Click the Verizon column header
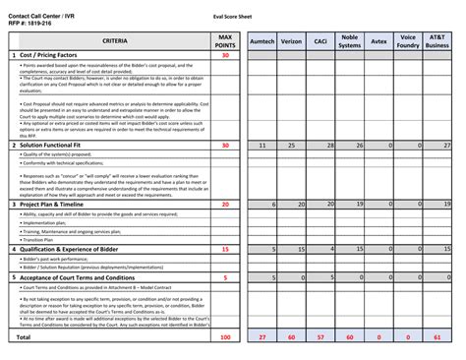point(291,42)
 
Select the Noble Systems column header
point(350,42)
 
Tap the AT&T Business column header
point(437,42)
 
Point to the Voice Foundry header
point(408,42)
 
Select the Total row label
point(22,336)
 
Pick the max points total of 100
point(225,336)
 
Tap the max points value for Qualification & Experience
point(225,249)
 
